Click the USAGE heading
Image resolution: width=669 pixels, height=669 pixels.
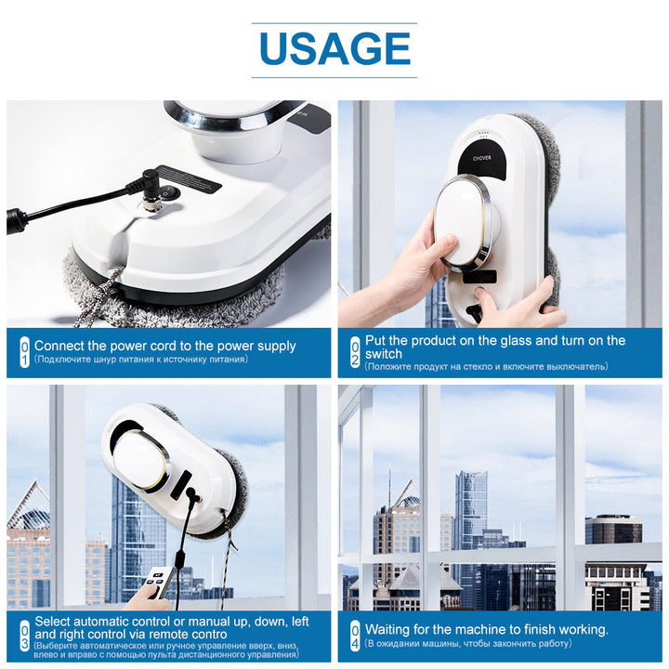pos(334,48)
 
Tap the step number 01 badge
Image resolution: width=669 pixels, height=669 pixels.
pos(24,352)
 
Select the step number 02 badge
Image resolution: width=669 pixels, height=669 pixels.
pos(354,352)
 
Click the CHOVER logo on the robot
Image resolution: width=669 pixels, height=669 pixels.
pos(481,157)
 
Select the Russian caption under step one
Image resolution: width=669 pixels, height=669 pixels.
pos(139,359)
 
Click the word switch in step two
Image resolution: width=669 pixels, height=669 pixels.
pos(384,354)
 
